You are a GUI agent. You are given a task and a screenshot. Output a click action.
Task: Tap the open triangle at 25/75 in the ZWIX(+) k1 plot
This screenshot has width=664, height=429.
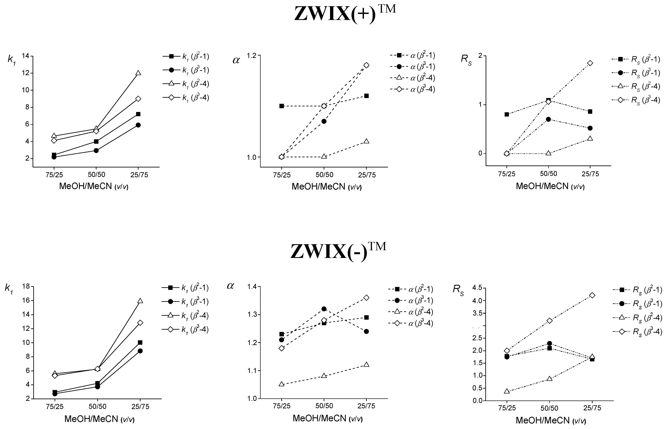138,73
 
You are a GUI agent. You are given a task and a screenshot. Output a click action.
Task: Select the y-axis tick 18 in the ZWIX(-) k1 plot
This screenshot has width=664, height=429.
26,286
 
